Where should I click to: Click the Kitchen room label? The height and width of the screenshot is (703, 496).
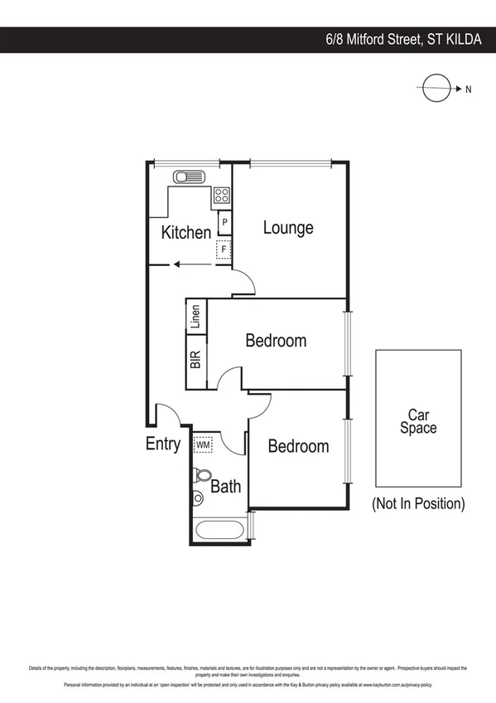pos(185,232)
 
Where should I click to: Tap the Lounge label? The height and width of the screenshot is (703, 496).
pos(288,227)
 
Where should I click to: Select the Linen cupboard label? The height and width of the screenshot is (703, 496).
pos(195,319)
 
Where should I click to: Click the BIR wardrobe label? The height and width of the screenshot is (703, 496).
pos(195,360)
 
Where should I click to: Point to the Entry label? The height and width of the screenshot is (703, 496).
pos(162,444)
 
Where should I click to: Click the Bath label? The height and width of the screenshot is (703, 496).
pos(225,486)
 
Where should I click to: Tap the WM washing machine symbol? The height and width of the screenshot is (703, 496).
pos(203,445)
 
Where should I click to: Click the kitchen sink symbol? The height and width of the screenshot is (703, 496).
pos(188,177)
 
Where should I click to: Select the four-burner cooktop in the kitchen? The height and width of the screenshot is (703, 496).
pos(222,196)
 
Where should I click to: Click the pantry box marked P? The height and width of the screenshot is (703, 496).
pos(224,223)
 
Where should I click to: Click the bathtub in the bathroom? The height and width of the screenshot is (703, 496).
pos(219,531)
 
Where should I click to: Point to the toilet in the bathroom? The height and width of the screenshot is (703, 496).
pos(201,477)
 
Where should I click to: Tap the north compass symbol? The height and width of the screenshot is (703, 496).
pos(434,89)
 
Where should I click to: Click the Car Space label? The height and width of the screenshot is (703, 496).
pos(418,422)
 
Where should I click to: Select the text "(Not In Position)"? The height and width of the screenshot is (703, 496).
pos(418,503)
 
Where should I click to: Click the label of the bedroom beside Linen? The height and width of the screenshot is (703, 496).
pos(276,341)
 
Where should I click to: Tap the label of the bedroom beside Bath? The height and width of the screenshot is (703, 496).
pos(298,446)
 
